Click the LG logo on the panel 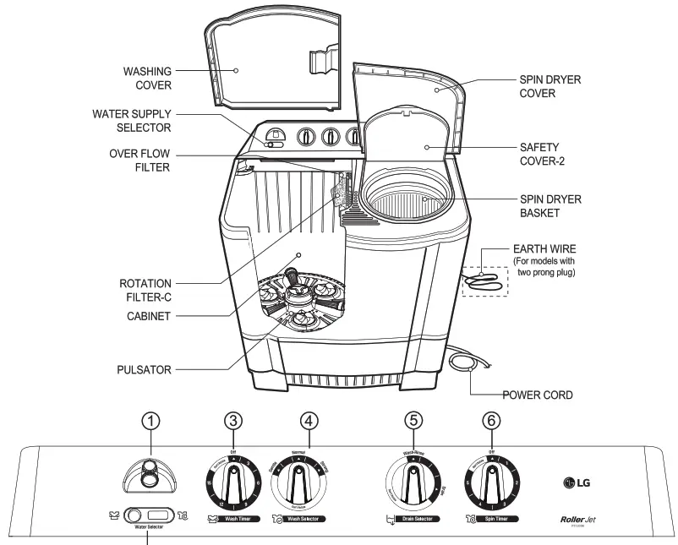[x=577, y=483]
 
